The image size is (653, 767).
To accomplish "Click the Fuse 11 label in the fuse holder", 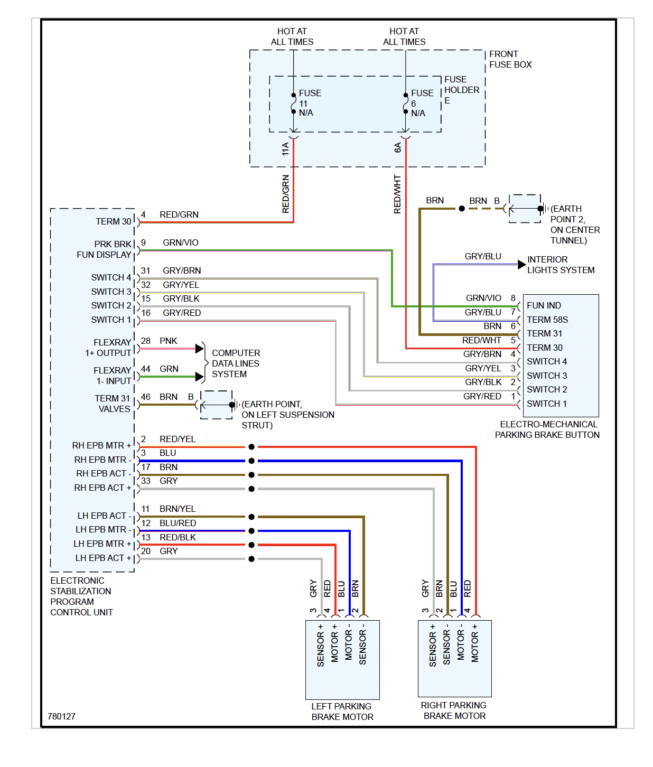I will [310, 103].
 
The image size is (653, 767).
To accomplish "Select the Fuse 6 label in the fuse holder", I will [422, 103].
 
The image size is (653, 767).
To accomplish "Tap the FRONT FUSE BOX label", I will [510, 59].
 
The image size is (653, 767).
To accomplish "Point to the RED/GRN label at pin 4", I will [179, 214].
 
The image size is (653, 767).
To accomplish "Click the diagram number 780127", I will [61, 716].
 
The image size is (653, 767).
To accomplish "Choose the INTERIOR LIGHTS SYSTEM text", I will [561, 265].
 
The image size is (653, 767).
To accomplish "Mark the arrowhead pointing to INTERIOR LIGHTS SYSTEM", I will [521, 265].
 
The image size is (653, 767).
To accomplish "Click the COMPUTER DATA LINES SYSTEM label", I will [236, 363].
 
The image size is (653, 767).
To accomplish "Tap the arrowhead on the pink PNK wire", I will [200, 349].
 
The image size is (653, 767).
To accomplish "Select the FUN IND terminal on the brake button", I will [544, 305].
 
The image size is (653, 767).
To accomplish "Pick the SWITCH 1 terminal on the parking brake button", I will [546, 404].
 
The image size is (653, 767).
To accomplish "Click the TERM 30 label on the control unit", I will [113, 221].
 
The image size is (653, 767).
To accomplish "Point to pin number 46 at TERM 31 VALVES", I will [146, 397].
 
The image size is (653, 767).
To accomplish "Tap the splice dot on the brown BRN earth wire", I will [462, 209].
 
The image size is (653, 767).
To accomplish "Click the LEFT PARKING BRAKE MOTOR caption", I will [342, 712].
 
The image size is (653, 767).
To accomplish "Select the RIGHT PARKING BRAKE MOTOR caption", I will [454, 710].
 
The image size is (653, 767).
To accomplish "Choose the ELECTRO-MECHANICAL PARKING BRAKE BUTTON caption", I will [547, 429].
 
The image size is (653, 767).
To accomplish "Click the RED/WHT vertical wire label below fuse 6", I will [397, 194].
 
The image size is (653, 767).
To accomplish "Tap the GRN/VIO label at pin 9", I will [181, 242].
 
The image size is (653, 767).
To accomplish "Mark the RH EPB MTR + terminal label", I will [101, 445].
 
